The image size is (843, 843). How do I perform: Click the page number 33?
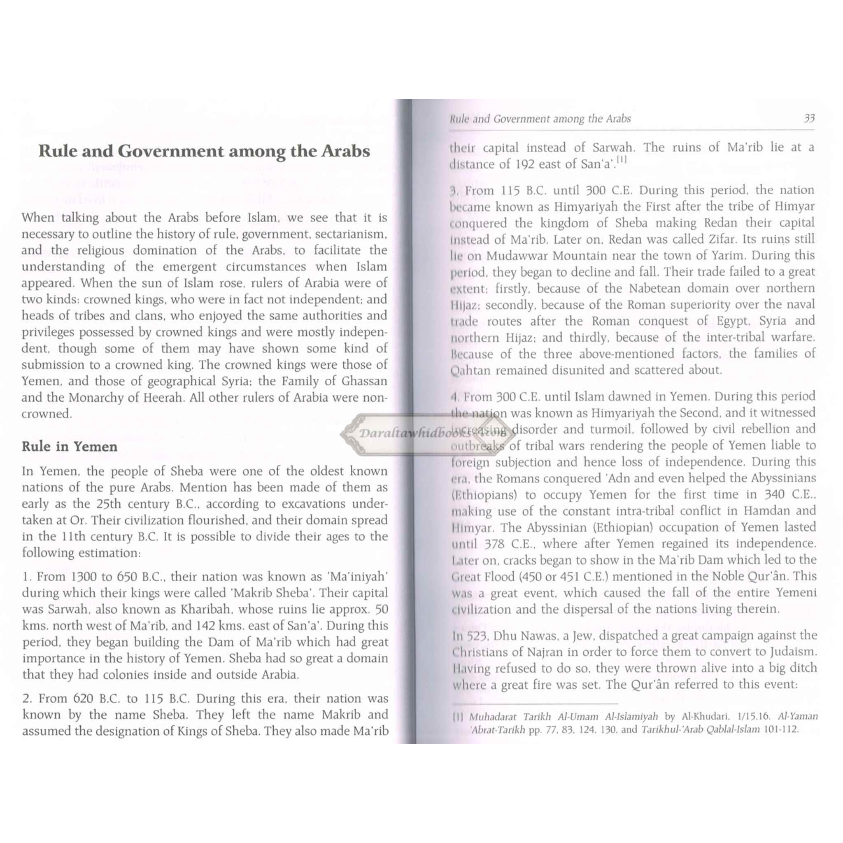(809, 119)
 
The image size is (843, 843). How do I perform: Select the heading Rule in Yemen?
(70, 447)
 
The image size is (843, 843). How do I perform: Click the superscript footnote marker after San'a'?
(621, 161)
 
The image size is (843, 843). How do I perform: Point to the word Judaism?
(793, 652)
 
